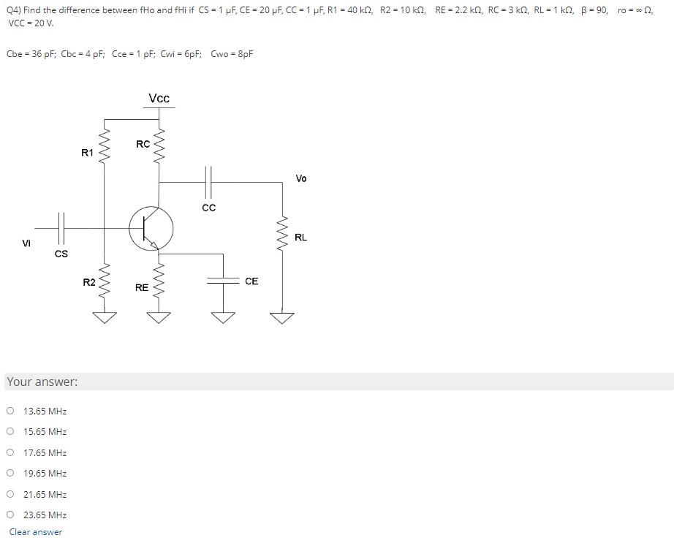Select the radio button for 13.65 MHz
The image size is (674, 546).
10,411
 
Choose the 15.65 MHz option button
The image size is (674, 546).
10,431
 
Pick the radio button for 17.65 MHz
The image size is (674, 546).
10,452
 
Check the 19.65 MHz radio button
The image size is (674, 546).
10,473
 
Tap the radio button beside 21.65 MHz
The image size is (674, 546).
10,494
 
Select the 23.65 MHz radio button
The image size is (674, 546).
10,515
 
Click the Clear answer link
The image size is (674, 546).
36,532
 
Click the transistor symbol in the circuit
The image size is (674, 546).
151,228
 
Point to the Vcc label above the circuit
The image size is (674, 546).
159,99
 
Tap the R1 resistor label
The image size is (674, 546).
87,153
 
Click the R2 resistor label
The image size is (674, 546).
88,282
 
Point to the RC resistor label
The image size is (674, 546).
143,144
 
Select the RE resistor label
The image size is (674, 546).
142,288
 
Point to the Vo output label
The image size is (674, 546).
301,178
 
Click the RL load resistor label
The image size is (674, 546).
300,238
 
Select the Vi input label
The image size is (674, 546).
27,243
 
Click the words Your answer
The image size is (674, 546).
42,382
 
